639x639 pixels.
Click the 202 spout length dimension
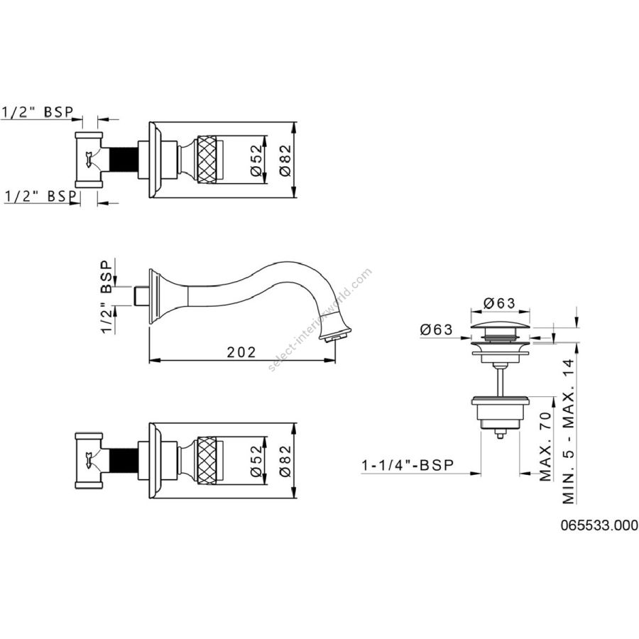[x=241, y=351]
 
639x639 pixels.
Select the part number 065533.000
[x=599, y=525]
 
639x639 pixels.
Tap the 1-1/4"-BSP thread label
[x=408, y=465]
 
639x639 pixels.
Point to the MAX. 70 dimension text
[x=545, y=447]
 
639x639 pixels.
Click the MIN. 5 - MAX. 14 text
[x=569, y=431]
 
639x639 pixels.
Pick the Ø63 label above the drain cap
[x=500, y=302]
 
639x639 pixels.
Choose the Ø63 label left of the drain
[x=437, y=329]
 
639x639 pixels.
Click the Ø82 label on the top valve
[x=285, y=160]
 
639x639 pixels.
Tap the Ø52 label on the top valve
[x=256, y=160]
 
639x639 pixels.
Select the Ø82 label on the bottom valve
[x=285, y=461]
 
